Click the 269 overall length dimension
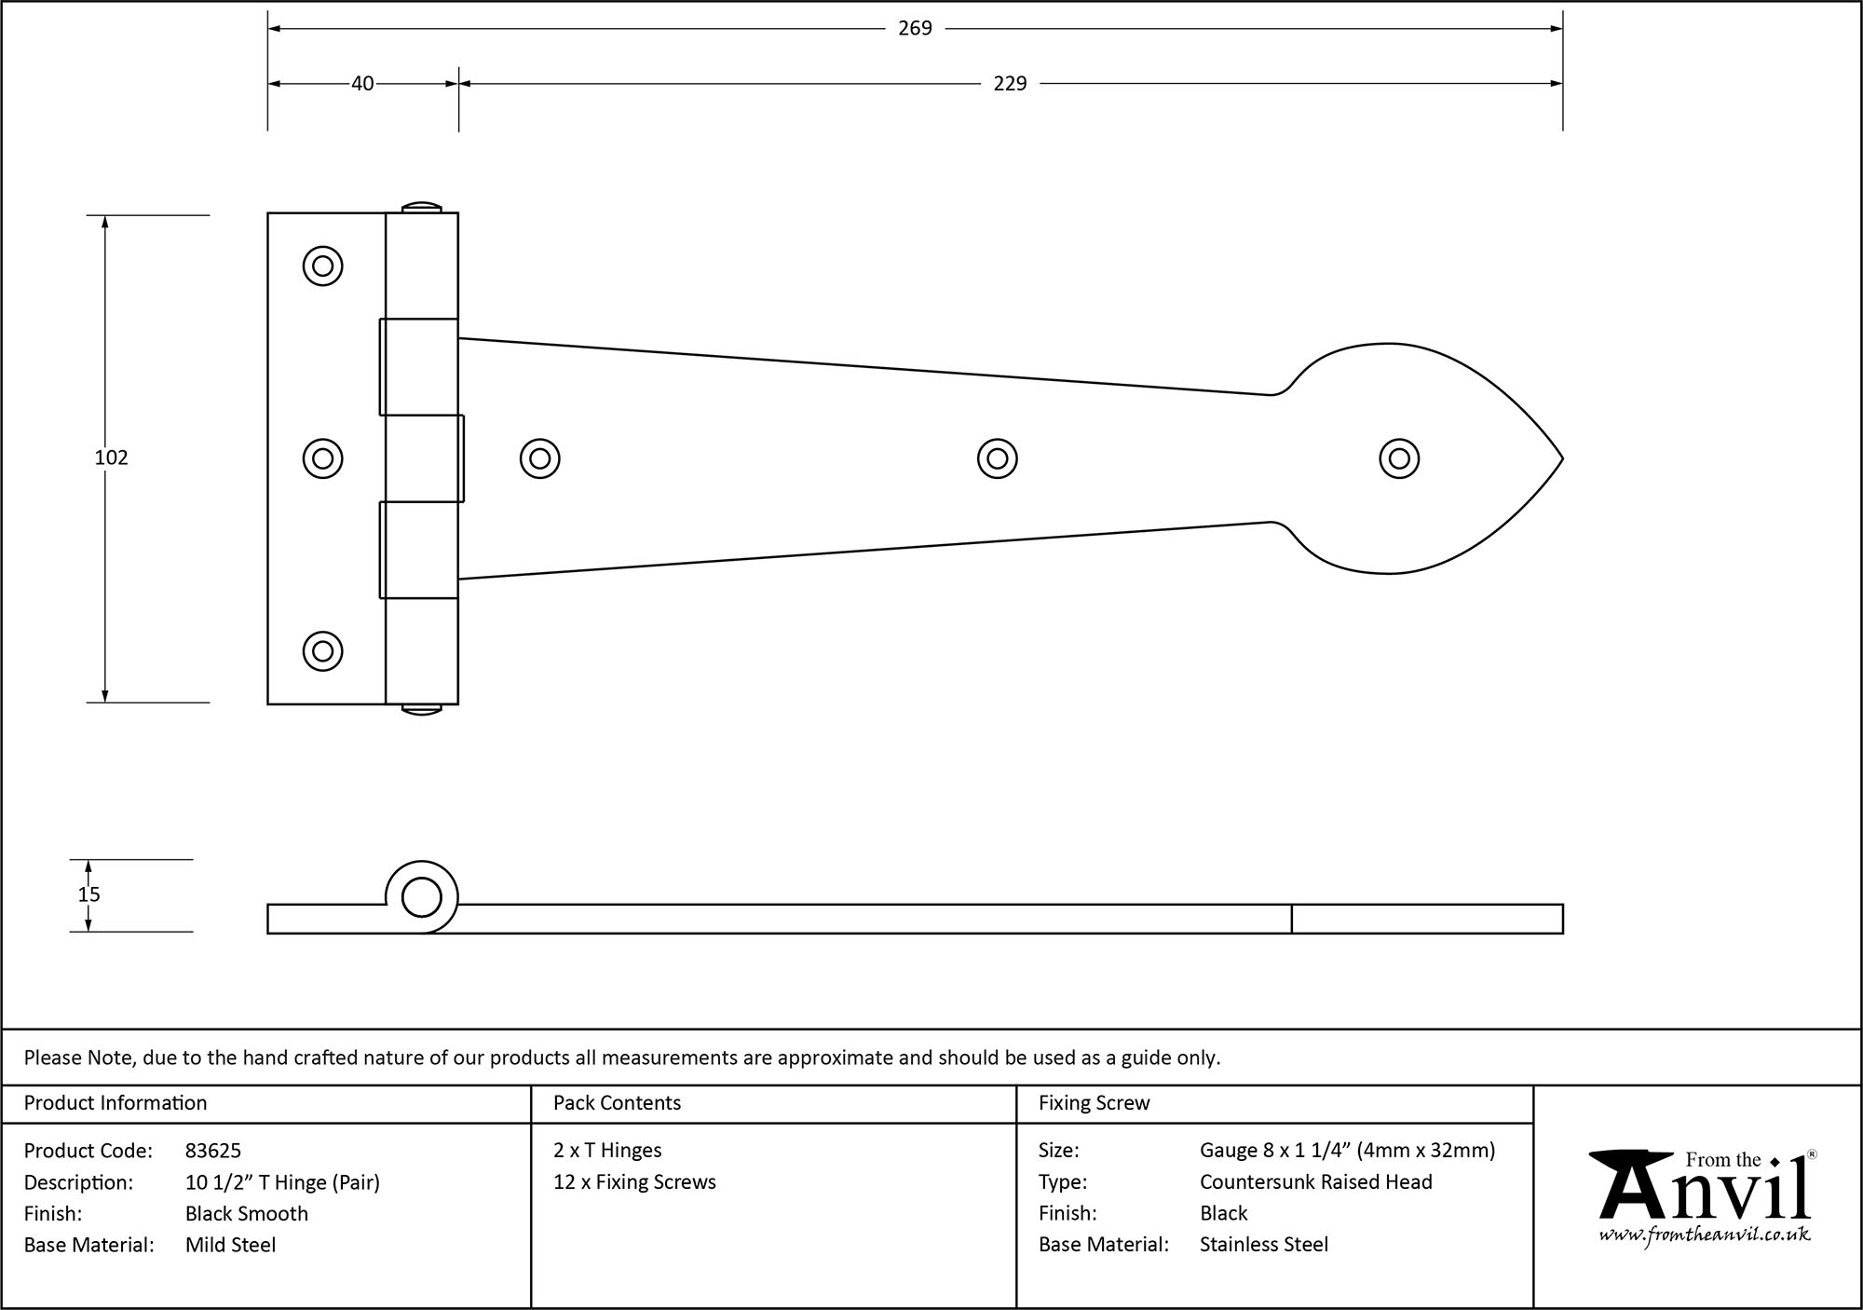pos(915,29)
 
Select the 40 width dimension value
pos(362,84)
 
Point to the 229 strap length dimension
pos(1010,84)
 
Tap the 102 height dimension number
pos(111,457)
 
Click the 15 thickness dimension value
pos(88,894)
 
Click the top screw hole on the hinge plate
pos(323,266)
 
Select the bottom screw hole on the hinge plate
pos(323,650)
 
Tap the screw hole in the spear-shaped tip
pos(1398,458)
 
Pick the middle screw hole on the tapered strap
pos(997,458)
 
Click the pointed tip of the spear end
pos(1560,458)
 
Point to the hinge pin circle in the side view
pos(421,898)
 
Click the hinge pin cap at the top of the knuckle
pos(421,206)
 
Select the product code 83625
pos(213,1151)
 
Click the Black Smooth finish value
pos(246,1213)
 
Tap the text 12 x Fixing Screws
pos(634,1181)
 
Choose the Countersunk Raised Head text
pos(1315,1181)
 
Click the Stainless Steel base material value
pos(1263,1244)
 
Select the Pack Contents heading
pos(617,1103)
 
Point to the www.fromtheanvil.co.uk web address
pos(1705,1235)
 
